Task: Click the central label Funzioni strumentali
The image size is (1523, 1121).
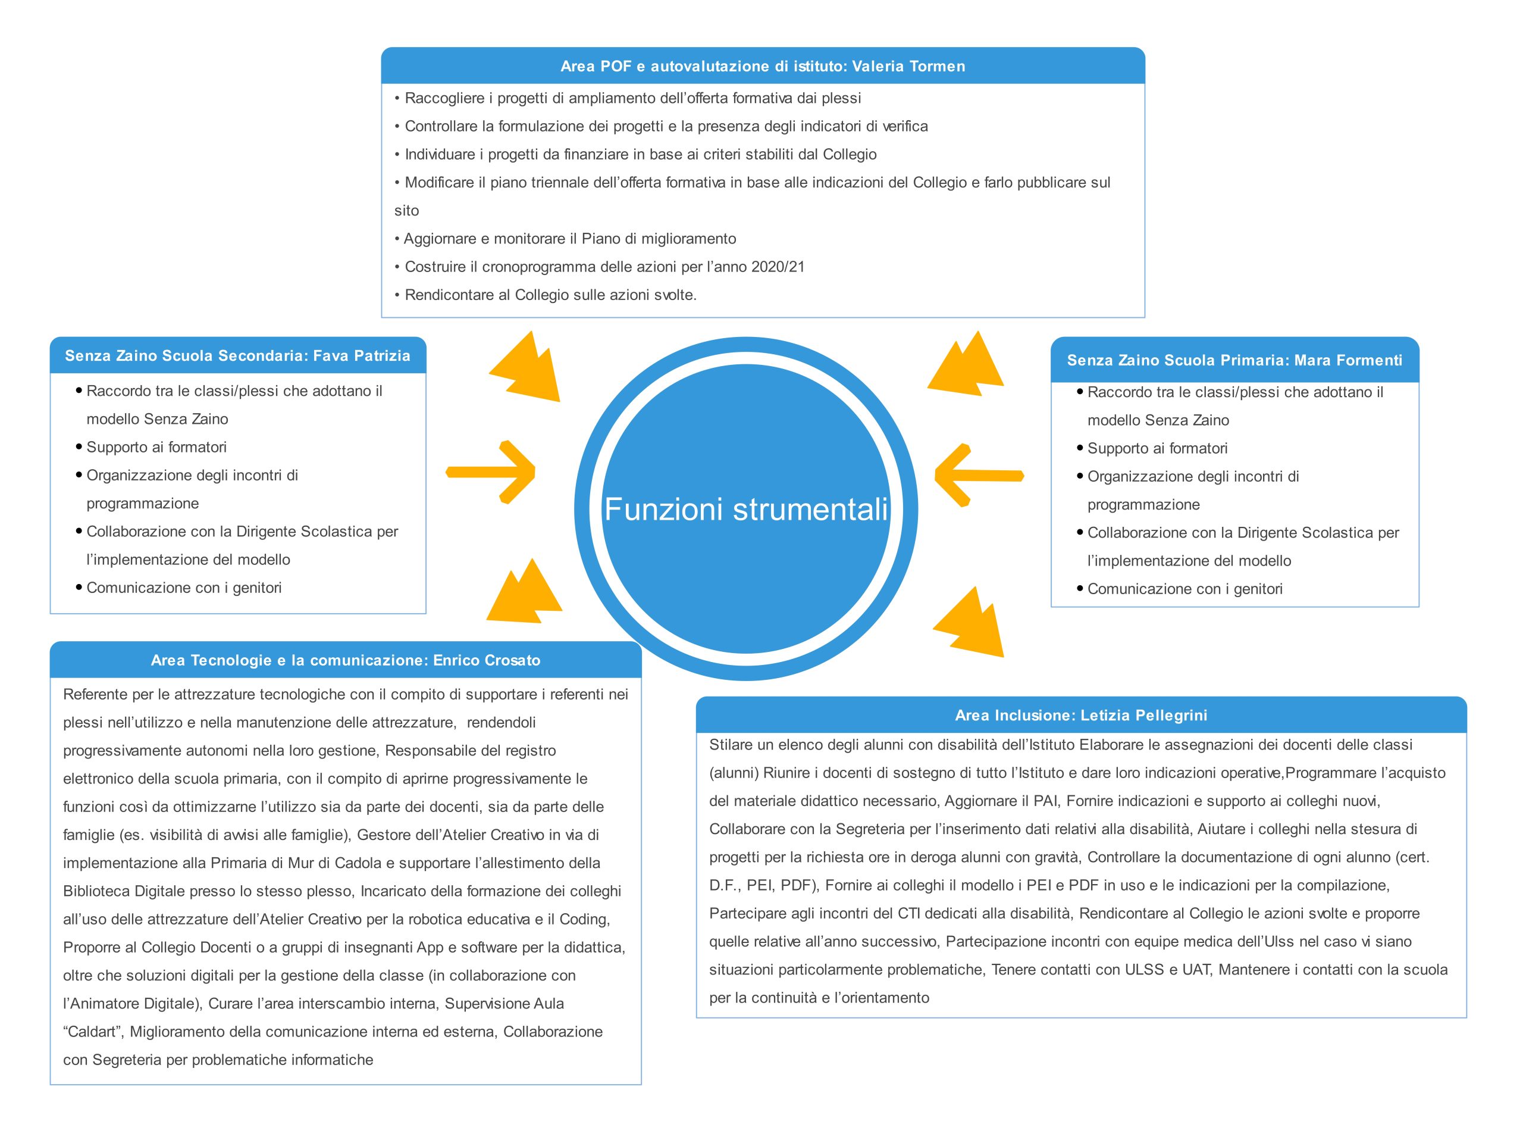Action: coord(746,509)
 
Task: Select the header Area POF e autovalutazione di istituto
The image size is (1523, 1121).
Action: coord(763,66)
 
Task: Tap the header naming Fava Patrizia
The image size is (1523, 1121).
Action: coord(238,355)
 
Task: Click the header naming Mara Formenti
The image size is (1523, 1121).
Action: coord(1234,360)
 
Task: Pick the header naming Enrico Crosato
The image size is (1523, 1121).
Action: coord(346,660)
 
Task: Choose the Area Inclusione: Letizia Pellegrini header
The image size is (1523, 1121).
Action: coord(1081,714)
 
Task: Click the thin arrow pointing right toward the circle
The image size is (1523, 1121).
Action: coord(491,472)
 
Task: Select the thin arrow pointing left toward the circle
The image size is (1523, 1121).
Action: coord(979,475)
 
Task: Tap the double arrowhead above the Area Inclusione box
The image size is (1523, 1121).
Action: coord(969,622)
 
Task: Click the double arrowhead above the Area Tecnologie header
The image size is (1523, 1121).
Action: coord(524,591)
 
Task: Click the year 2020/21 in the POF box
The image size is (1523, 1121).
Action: coord(778,267)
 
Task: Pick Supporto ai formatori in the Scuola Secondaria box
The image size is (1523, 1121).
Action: coord(156,447)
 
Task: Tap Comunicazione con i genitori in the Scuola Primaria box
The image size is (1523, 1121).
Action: coord(1184,589)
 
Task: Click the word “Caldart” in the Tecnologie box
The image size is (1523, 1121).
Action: coord(92,1032)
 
